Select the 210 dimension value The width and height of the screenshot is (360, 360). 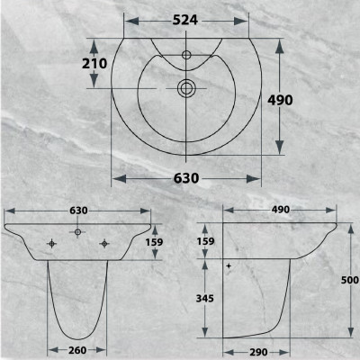coord(94,63)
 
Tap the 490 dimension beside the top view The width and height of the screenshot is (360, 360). coord(280,100)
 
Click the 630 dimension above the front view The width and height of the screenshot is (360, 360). coord(79,210)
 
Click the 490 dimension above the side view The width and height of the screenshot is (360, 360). coord(280,210)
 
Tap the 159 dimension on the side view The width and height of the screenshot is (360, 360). coord(205,241)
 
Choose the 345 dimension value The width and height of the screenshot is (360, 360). coord(205,298)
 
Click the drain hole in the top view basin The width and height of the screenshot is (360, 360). coord(185,88)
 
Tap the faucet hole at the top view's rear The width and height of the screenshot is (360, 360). coord(185,55)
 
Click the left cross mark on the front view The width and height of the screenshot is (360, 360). coord(52,242)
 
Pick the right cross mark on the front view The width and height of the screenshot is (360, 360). coord(106,242)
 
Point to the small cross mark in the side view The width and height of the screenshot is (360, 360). coord(230,266)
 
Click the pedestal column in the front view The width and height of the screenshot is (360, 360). coord(79,297)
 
